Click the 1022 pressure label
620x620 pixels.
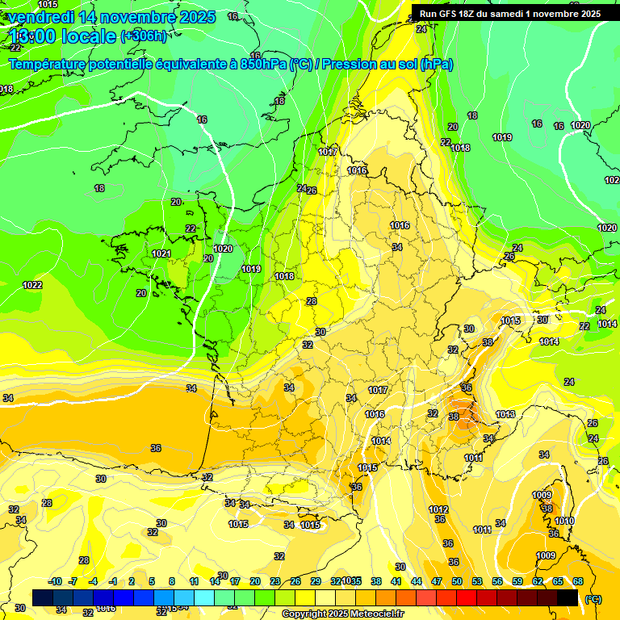[32, 285]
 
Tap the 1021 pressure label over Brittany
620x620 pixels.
[161, 254]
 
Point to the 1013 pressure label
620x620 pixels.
[505, 415]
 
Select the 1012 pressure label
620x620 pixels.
[438, 509]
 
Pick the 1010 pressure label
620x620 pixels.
[564, 521]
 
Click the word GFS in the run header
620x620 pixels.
[450, 14]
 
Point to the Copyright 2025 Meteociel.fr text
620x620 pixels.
[342, 614]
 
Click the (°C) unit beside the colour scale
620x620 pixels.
[593, 598]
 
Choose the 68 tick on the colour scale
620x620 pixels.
[578, 581]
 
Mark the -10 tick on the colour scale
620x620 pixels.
[55, 581]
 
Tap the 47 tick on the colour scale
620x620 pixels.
[437, 581]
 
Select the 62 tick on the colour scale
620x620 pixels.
[538, 581]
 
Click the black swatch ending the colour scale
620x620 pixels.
[568, 597]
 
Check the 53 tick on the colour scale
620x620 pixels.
[477, 581]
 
